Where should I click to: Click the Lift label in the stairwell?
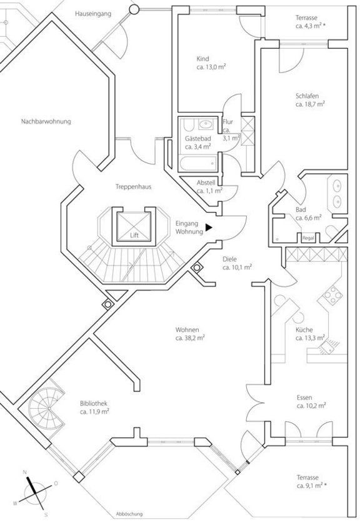(x=134, y=235)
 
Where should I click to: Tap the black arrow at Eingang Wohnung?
(x=209, y=228)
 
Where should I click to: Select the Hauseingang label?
(x=93, y=14)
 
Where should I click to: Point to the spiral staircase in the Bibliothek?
(x=46, y=408)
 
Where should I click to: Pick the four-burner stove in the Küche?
(x=331, y=295)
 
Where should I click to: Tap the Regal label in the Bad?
(x=308, y=238)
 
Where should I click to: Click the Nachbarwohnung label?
(x=46, y=121)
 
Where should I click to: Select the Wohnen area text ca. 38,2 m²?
(x=190, y=338)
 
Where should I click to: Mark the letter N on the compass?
(x=24, y=472)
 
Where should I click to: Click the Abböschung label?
(x=129, y=514)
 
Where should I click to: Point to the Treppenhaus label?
(x=133, y=187)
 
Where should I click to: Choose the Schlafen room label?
(x=307, y=96)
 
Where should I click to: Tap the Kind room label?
(x=202, y=59)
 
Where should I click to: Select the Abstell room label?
(x=206, y=183)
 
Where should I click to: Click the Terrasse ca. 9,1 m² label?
(x=311, y=481)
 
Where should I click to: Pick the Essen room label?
(x=304, y=398)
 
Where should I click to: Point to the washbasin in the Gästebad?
(x=206, y=125)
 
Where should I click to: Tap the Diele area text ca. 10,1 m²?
(x=237, y=268)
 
